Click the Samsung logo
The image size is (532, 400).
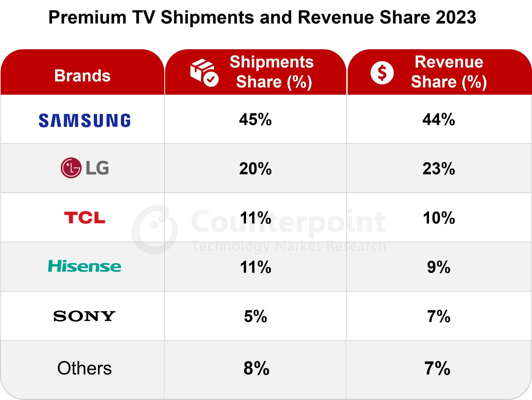[84, 120]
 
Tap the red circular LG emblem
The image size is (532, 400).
[71, 168]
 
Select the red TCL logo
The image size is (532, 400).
[84, 218]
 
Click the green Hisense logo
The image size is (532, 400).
[84, 266]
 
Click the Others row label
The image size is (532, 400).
[84, 368]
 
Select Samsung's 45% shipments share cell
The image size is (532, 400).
[255, 120]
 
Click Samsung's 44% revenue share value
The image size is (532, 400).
[438, 120]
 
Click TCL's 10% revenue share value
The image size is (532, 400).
[438, 218]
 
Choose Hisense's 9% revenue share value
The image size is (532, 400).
[438, 267]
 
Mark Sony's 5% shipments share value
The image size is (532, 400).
[255, 316]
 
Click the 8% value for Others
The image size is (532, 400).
[256, 368]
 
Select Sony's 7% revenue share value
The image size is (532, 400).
[438, 316]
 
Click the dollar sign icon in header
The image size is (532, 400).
[382, 73]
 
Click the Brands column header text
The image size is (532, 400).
[82, 76]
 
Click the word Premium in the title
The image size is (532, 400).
[87, 17]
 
